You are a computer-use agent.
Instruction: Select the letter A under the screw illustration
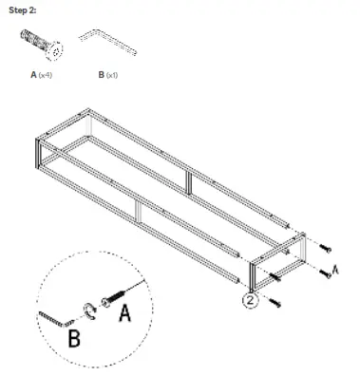(x=33, y=73)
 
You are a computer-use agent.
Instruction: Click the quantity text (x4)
(x=46, y=73)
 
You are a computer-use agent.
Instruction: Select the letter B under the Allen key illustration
(x=101, y=73)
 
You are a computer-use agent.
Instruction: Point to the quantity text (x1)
(x=112, y=73)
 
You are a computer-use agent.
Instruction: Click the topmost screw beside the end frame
(x=326, y=248)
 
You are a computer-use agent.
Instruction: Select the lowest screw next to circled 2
(x=275, y=301)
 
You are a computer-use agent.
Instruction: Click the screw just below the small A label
(x=326, y=273)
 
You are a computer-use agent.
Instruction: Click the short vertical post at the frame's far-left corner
(x=39, y=153)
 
